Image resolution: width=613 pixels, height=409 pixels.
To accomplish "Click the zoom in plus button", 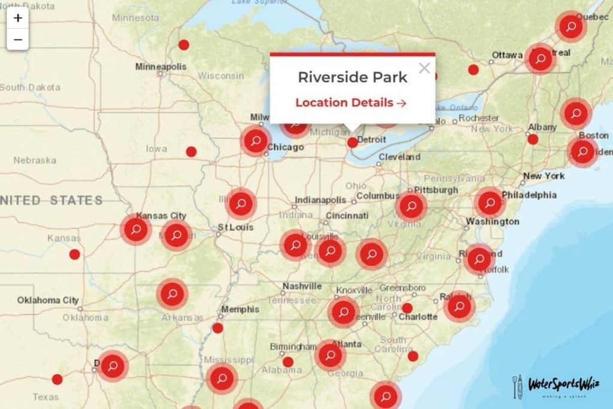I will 18,18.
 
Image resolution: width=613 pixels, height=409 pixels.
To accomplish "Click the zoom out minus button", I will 18,40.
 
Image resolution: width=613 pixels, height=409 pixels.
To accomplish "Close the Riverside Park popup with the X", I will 424,68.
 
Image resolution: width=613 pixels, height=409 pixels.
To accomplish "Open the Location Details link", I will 351,102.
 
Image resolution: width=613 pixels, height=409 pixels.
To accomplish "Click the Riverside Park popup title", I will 353,77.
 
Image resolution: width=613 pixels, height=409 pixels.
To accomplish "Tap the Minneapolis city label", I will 161,66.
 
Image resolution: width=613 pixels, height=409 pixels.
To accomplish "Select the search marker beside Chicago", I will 256,141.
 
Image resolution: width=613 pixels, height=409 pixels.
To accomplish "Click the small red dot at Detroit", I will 353,143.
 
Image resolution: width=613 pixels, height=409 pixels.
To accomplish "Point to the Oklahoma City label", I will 48,300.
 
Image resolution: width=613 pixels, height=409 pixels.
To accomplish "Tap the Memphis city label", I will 240,310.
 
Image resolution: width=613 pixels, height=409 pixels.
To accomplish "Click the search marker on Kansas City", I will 136,230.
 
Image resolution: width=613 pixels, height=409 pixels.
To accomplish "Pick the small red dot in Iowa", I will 191,152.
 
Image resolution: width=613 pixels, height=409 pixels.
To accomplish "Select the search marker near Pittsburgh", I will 411,207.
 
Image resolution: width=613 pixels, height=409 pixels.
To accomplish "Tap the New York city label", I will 544,176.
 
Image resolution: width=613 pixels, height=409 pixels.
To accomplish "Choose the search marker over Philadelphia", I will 490,203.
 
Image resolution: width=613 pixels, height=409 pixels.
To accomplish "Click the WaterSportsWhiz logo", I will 556,386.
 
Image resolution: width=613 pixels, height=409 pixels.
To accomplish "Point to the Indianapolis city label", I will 320,200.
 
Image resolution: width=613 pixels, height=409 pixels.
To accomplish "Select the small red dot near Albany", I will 533,139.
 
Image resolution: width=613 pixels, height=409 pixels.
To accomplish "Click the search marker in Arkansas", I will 172,294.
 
